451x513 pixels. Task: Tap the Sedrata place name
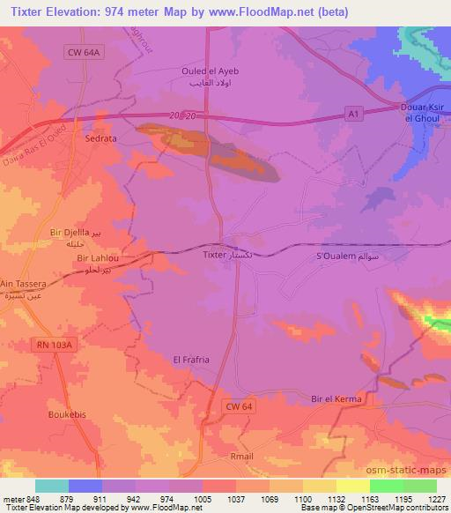point(100,139)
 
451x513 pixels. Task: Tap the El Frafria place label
point(190,359)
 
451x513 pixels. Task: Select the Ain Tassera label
point(24,286)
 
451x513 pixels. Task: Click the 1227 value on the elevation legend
point(438,498)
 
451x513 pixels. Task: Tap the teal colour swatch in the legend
point(52,486)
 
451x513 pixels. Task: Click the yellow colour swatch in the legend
point(353,486)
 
